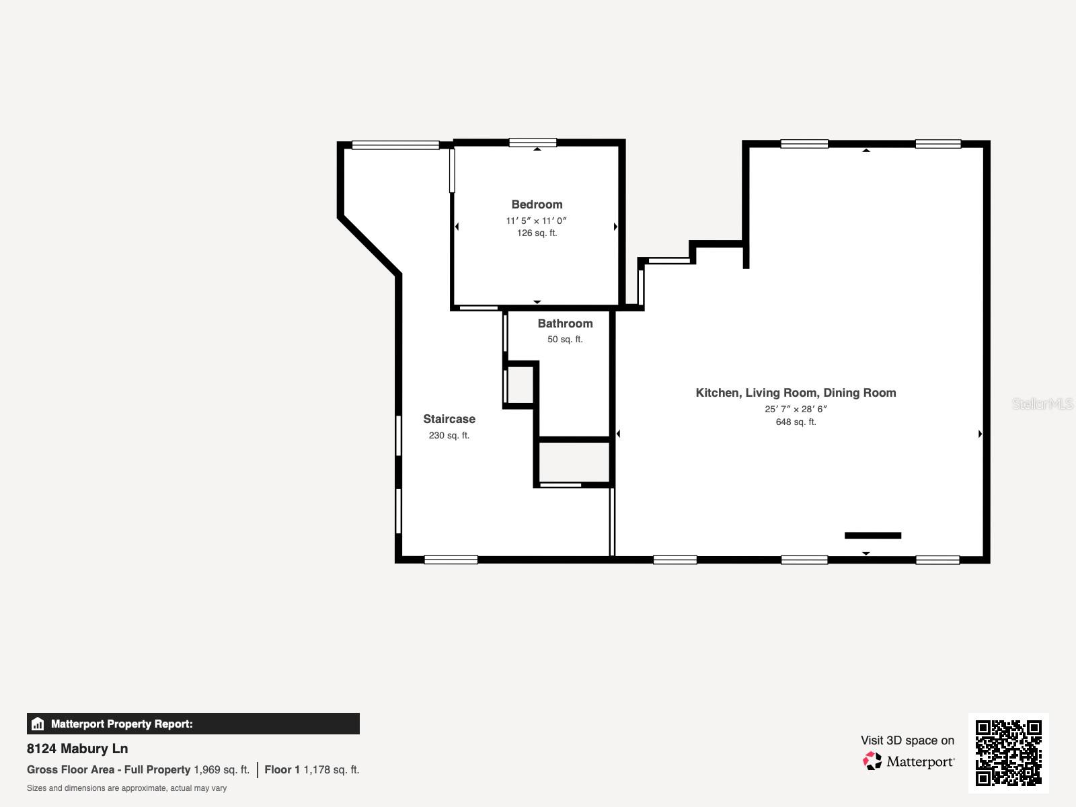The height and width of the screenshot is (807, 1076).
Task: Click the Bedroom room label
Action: [x=537, y=204]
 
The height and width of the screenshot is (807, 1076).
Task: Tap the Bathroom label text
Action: [x=565, y=323]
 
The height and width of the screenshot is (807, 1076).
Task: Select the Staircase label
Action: [x=449, y=419]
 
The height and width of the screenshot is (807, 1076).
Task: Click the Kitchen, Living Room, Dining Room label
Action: [x=796, y=393]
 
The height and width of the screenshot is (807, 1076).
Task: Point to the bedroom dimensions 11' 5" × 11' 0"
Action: [x=537, y=221]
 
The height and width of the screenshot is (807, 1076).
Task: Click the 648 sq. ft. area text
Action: [x=796, y=422]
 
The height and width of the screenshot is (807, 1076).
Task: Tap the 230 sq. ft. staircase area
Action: [x=449, y=436]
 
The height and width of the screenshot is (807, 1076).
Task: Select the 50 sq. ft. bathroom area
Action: [x=565, y=340]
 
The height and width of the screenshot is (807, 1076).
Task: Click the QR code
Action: [x=1008, y=753]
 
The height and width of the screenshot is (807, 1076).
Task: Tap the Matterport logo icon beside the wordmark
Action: [x=872, y=761]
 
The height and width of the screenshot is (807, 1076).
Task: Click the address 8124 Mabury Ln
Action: [x=77, y=748]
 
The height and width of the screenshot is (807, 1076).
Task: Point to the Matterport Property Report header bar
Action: [x=193, y=724]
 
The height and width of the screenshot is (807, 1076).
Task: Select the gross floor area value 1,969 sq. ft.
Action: [x=221, y=769]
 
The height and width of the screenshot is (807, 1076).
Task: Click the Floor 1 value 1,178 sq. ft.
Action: [x=331, y=769]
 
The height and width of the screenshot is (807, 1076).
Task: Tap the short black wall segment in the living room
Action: [x=872, y=535]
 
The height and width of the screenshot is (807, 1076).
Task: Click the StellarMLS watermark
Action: [x=1042, y=403]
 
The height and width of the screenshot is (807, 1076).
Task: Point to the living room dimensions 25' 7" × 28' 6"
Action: [x=796, y=409]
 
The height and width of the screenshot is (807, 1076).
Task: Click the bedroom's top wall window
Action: [x=533, y=143]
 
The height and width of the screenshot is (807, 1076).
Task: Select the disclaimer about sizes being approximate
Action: [x=126, y=788]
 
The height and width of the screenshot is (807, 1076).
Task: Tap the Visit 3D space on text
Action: [x=907, y=740]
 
